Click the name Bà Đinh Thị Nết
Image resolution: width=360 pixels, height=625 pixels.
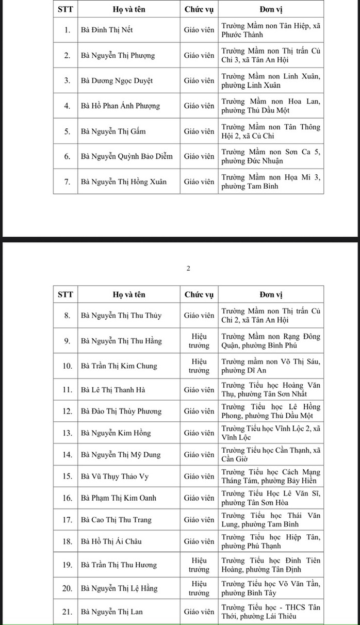[x=107, y=30]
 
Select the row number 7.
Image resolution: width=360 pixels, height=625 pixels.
[x=67, y=182]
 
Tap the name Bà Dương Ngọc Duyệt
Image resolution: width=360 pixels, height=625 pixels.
[x=117, y=80]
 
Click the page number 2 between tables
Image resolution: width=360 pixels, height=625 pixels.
[x=188, y=268]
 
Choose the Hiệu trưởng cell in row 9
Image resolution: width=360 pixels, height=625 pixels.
[x=199, y=341]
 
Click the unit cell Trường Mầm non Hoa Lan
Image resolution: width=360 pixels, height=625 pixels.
[x=271, y=106]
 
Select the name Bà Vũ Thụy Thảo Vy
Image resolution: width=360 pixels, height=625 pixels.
[x=114, y=476]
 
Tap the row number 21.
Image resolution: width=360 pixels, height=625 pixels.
[x=67, y=612]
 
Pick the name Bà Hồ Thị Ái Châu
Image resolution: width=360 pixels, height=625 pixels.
[x=111, y=541]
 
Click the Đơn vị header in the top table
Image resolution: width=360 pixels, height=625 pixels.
[x=271, y=9]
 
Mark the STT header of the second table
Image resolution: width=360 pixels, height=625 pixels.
[x=66, y=294]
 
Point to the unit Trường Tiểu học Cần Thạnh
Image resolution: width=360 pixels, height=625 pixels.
[x=271, y=455]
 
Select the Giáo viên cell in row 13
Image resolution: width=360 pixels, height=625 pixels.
[x=199, y=433]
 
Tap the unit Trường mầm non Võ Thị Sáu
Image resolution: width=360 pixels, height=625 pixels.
[x=271, y=366]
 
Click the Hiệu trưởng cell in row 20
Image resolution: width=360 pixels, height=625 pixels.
[x=199, y=588]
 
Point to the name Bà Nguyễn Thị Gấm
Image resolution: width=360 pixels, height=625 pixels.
[x=113, y=131]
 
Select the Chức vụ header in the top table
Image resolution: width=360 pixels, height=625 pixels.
[x=199, y=9]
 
